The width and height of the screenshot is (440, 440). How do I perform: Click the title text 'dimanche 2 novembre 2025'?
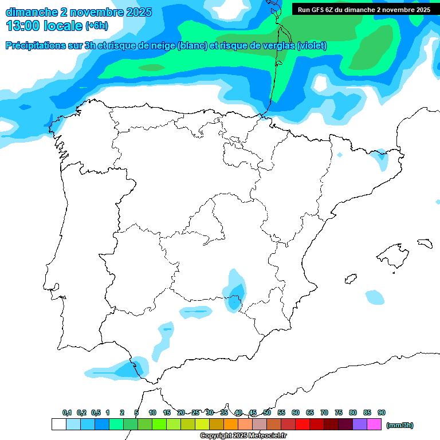[78, 12]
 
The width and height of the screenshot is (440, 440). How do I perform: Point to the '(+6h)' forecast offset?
[96, 26]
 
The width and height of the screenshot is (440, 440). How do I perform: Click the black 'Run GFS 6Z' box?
[364, 10]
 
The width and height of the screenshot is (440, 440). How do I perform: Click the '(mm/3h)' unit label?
[400, 425]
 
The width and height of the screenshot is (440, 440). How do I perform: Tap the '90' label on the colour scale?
[382, 412]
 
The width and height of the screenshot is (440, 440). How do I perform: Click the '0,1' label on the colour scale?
[67, 412]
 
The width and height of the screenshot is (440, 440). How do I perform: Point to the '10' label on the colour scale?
[152, 412]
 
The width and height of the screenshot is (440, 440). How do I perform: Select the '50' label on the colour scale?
[267, 412]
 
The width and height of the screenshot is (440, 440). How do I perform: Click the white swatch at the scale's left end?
[58, 425]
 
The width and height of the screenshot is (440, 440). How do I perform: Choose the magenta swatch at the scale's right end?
[374, 425]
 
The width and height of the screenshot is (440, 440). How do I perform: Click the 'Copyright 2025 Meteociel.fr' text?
[243, 436]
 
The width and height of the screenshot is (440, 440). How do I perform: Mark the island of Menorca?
[425, 243]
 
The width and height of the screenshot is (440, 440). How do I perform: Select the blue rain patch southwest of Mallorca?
[375, 297]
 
